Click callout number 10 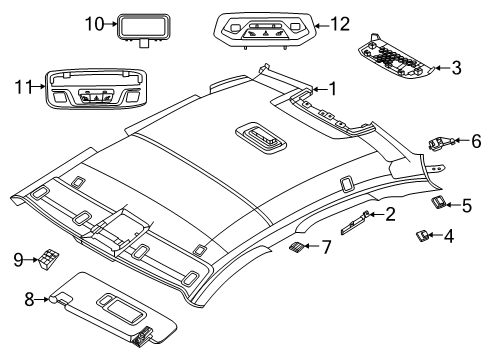coord(95,24)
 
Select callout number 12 coord(340,25)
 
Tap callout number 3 coord(456,68)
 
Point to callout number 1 coord(332,89)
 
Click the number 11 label coord(24,87)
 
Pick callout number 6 coord(476,141)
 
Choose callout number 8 coord(29,299)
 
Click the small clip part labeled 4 coord(423,236)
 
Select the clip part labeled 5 coord(438,203)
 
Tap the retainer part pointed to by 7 coord(296,247)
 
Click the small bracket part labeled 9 coord(49,259)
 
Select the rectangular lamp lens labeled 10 coord(143,29)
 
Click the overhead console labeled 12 coord(265,30)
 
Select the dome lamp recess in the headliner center coord(261,139)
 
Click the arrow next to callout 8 coord(43,299)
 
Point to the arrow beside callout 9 coord(33,259)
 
